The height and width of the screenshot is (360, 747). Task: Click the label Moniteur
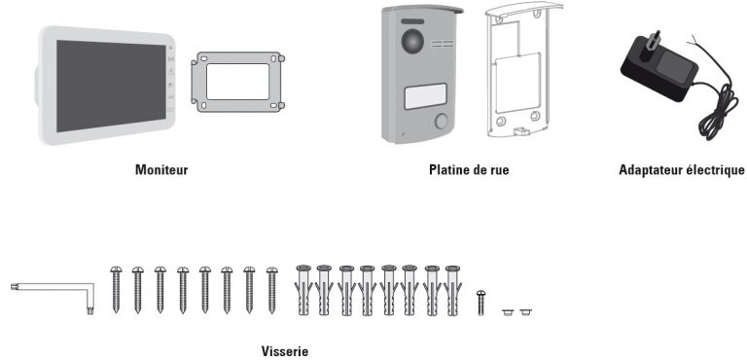160,169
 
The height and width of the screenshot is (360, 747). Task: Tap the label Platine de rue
469,169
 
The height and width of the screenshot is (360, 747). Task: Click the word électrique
716,169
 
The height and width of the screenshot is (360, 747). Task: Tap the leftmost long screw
116,289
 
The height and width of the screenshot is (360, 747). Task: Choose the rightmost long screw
271,289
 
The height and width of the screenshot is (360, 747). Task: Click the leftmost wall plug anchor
302,289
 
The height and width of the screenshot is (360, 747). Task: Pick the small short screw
480,301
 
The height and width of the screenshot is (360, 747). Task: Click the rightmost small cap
526,312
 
